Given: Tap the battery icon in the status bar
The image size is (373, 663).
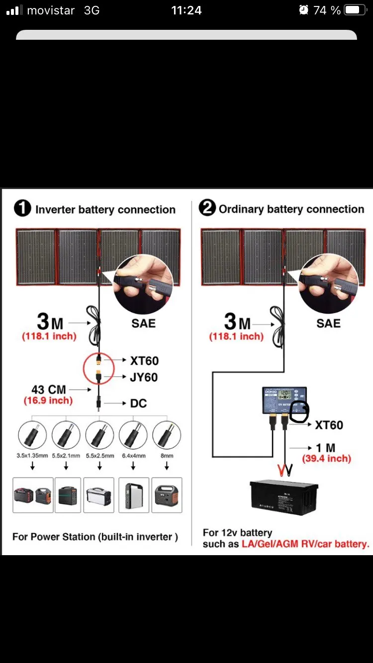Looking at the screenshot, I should coord(355,10).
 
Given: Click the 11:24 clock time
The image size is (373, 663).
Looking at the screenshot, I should coord(186,10).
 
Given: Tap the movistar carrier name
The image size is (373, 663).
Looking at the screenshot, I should coord(50,10).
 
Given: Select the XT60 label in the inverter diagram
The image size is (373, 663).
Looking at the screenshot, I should coord(144,361).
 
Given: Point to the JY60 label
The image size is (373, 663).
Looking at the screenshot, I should coord(144,377).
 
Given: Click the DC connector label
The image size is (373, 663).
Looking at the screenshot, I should coord(138,403).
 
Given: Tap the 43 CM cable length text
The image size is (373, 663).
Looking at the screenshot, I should coord(49,390).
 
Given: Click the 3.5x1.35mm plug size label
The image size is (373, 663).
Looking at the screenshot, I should coord(32,456).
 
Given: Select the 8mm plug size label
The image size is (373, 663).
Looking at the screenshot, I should coord(167,456).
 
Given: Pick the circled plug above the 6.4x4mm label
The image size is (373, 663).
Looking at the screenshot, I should coord(133,435).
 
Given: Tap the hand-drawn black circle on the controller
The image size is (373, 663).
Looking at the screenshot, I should coord(299,411).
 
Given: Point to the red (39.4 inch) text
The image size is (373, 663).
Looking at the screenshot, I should coord(327,459).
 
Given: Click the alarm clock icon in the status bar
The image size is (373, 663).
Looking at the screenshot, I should coord(303,10).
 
